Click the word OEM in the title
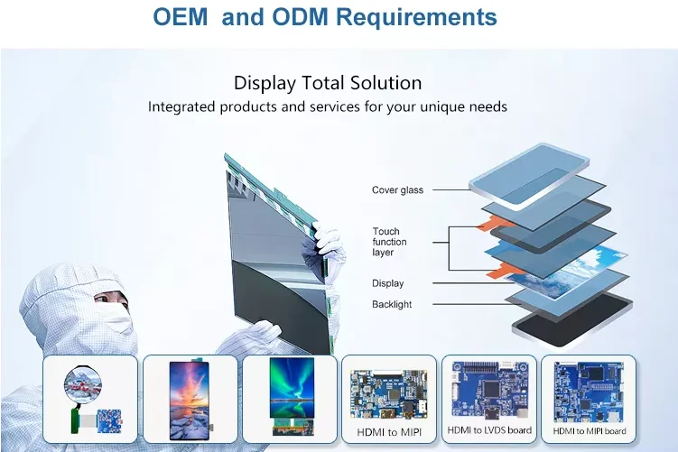click(x=181, y=17)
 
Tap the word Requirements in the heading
click(x=416, y=17)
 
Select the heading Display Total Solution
click(x=328, y=83)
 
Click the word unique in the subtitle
click(x=441, y=106)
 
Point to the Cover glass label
click(x=397, y=190)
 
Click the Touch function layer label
click(x=389, y=242)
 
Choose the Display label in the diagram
click(x=388, y=283)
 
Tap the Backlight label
click(x=392, y=304)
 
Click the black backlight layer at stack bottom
click(x=572, y=319)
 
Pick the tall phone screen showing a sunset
click(x=190, y=401)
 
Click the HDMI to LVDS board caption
click(x=489, y=430)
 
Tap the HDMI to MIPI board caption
click(x=590, y=431)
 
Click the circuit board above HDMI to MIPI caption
click(x=389, y=394)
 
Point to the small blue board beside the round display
click(x=109, y=421)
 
